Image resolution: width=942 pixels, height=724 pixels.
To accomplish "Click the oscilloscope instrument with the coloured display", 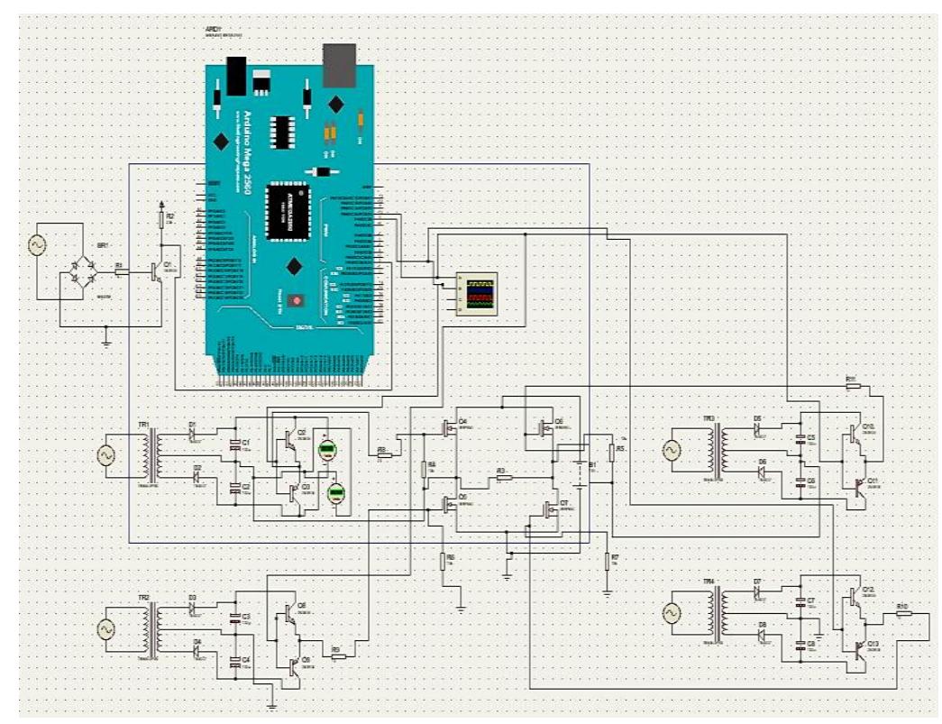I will (x=477, y=294).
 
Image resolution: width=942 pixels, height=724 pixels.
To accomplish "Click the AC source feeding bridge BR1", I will (x=38, y=245).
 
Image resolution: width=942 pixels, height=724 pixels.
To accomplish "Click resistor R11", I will (x=853, y=387).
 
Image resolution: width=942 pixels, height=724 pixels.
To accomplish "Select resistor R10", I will (x=902, y=614).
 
